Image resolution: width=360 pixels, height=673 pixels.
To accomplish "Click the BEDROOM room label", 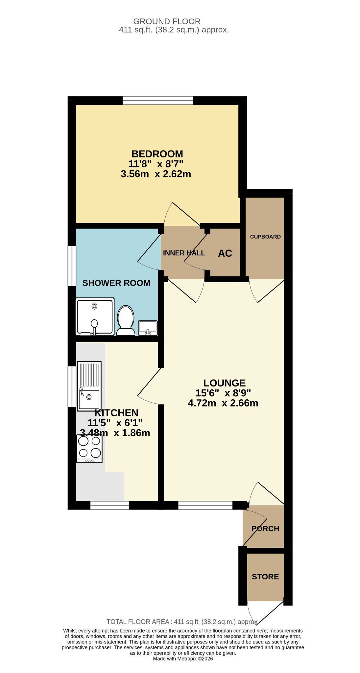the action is tap(157, 154).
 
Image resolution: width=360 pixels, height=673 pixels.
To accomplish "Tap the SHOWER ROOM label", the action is tap(116, 283).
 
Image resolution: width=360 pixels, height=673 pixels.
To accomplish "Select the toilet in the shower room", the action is tap(126, 320).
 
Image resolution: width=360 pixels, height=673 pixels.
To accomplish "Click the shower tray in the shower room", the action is tap(95, 316).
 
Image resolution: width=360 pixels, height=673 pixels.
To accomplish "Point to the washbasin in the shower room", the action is tap(148, 328).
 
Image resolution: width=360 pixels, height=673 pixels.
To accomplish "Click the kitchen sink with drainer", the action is tap(89, 386).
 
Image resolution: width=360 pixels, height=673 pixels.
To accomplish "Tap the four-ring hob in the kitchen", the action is tap(89, 449).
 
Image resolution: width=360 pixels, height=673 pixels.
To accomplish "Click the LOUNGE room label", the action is tap(225, 383).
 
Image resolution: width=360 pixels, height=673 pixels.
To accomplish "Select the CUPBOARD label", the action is tap(265, 237).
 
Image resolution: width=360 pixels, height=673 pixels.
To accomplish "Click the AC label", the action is tap(225, 253).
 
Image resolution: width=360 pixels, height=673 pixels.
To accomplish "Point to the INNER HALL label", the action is tap(184, 253).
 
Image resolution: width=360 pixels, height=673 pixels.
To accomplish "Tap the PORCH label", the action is tap(265, 528).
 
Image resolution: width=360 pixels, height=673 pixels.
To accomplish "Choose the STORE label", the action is tap(265, 577).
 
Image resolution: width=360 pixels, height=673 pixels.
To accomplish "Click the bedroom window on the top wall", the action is tap(158, 101).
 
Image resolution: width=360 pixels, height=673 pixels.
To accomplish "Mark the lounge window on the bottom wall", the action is tap(205, 505).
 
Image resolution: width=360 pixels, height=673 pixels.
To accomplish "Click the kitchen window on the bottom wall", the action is tap(110, 505).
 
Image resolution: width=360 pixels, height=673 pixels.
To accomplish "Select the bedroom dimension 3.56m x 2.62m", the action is tap(156, 174).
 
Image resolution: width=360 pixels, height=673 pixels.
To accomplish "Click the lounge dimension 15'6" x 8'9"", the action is tap(223, 393).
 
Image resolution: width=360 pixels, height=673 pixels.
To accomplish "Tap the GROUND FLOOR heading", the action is tap(167, 21).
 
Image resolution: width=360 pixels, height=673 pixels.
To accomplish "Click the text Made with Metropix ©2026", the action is tap(183, 659).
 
